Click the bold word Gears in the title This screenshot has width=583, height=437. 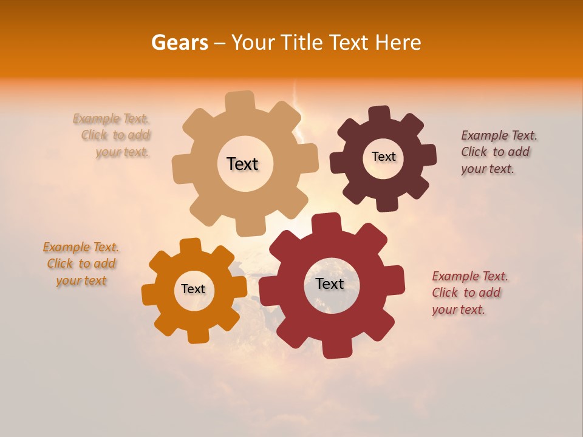tap(179, 42)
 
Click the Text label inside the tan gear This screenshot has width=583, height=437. tap(242, 164)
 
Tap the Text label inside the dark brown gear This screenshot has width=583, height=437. tap(383, 157)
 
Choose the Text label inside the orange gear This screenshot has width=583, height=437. tap(193, 289)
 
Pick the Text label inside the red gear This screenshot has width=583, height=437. tap(330, 283)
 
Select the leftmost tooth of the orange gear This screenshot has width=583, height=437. tap(149, 294)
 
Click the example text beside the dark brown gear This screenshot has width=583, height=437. tap(499, 152)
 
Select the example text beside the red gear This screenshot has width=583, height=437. tap(469, 293)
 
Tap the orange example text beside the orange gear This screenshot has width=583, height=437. tap(81, 263)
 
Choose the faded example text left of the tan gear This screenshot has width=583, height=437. tap(112, 135)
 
